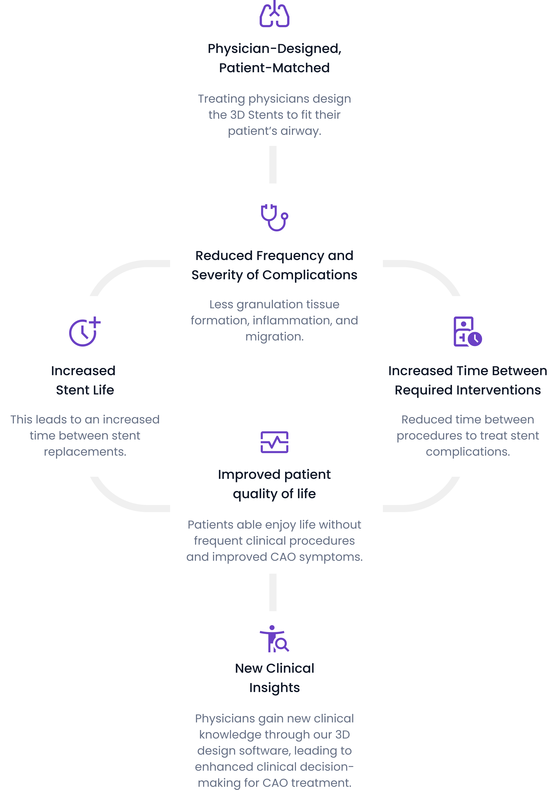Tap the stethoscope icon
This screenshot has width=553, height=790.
coord(274,217)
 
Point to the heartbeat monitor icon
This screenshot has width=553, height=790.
coord(274,442)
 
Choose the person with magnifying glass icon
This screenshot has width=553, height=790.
coord(274,639)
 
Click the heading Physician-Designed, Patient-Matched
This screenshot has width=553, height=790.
coord(274,58)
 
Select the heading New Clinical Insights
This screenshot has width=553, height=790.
coord(274,678)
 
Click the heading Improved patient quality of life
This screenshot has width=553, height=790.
coord(274,484)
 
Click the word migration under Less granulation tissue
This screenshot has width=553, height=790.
coord(274,337)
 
